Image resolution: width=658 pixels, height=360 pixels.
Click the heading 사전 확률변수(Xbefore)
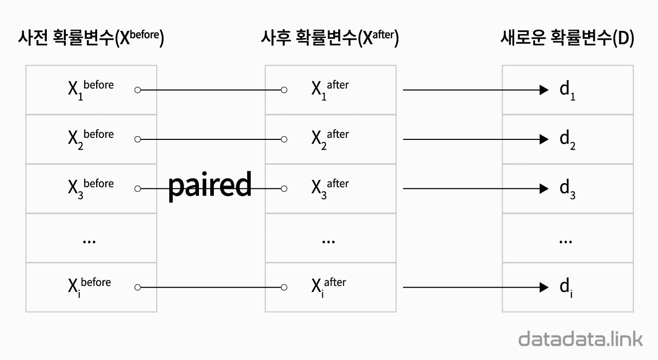pos(90,39)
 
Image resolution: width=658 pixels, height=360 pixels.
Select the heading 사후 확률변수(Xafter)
pos(330,39)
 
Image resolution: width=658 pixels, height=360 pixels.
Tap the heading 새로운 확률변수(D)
pos(567,39)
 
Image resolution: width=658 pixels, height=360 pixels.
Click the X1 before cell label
pos(90,89)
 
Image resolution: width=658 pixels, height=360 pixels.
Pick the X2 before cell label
pos(90,139)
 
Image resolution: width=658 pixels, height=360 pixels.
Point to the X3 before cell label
pos(90,188)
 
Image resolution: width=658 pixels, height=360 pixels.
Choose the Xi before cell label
pos(89,287)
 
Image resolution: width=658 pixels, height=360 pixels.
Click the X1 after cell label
pos(330,89)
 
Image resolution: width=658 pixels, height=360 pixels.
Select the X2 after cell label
pos(330,139)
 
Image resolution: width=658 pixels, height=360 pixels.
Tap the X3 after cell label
pos(330,188)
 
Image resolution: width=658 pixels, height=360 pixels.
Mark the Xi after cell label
pos(328,287)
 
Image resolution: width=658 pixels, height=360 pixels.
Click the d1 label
pos(567,91)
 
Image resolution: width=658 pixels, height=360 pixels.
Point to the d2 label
pos(567,140)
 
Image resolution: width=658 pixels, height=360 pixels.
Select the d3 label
pos(567,189)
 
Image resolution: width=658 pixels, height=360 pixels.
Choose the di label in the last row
pos(566,288)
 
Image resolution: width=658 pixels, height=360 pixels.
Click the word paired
pos(210,185)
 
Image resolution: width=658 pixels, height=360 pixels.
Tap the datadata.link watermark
pos(580,339)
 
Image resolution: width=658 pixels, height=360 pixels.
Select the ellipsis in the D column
pos(565,241)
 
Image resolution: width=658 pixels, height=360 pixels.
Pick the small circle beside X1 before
pos(137,90)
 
